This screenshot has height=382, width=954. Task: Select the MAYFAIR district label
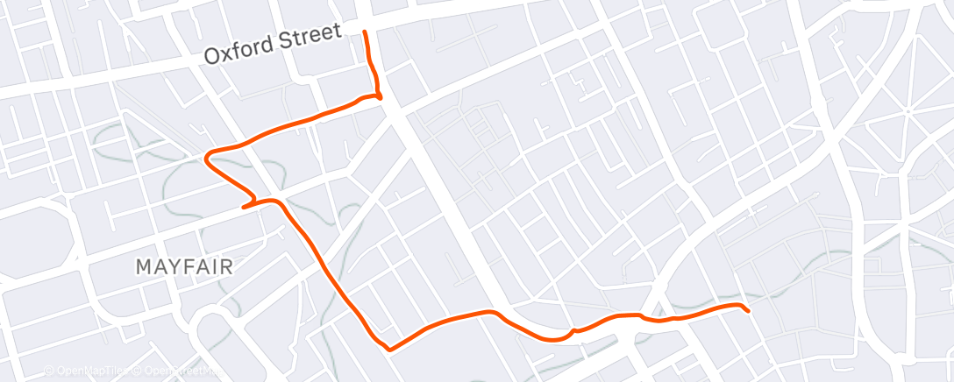coord(184,266)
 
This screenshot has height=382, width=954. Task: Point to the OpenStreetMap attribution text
coord(179,371)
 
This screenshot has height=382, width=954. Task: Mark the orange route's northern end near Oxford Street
coord(365,32)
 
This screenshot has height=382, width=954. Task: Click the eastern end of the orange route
coord(748,311)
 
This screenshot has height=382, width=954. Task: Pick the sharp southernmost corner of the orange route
coord(388,349)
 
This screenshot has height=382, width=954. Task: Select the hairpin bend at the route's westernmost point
coord(207,159)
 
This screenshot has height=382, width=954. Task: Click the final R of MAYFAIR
coord(226,266)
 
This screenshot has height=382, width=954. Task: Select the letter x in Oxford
coord(227,52)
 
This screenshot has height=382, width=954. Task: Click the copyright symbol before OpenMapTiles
coord(49,371)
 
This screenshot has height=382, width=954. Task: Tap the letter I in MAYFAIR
coord(216,266)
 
